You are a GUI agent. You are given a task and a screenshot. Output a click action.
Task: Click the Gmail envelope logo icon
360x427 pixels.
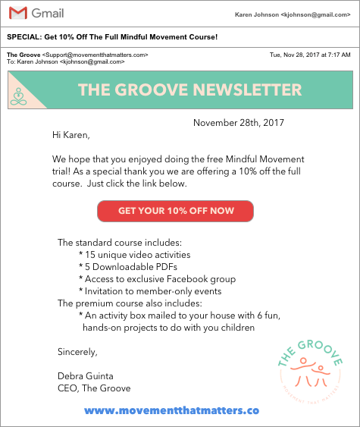click(19, 13)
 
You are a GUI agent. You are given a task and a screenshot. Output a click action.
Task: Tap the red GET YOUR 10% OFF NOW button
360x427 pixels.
click(175, 211)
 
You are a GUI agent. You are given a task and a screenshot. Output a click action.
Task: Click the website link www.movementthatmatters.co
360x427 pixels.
click(172, 410)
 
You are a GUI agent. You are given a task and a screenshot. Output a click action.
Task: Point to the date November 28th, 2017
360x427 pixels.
click(238, 123)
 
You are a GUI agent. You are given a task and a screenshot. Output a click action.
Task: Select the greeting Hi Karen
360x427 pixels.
click(70, 136)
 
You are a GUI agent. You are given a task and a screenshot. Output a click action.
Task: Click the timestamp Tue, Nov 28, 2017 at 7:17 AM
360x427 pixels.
click(310, 55)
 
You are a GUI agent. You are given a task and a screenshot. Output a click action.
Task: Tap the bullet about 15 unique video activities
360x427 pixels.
click(135, 255)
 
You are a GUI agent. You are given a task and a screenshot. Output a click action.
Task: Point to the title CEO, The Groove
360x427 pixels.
click(94, 388)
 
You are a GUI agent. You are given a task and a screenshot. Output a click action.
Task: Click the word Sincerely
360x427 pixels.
click(77, 352)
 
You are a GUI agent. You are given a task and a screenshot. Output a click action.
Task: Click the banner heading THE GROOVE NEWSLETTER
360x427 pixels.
click(189, 89)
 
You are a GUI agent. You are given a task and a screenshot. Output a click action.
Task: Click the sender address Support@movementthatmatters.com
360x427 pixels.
click(95, 55)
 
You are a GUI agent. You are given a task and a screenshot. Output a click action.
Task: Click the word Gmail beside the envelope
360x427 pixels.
click(48, 14)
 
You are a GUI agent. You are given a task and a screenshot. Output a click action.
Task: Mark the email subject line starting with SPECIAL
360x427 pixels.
click(112, 37)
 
